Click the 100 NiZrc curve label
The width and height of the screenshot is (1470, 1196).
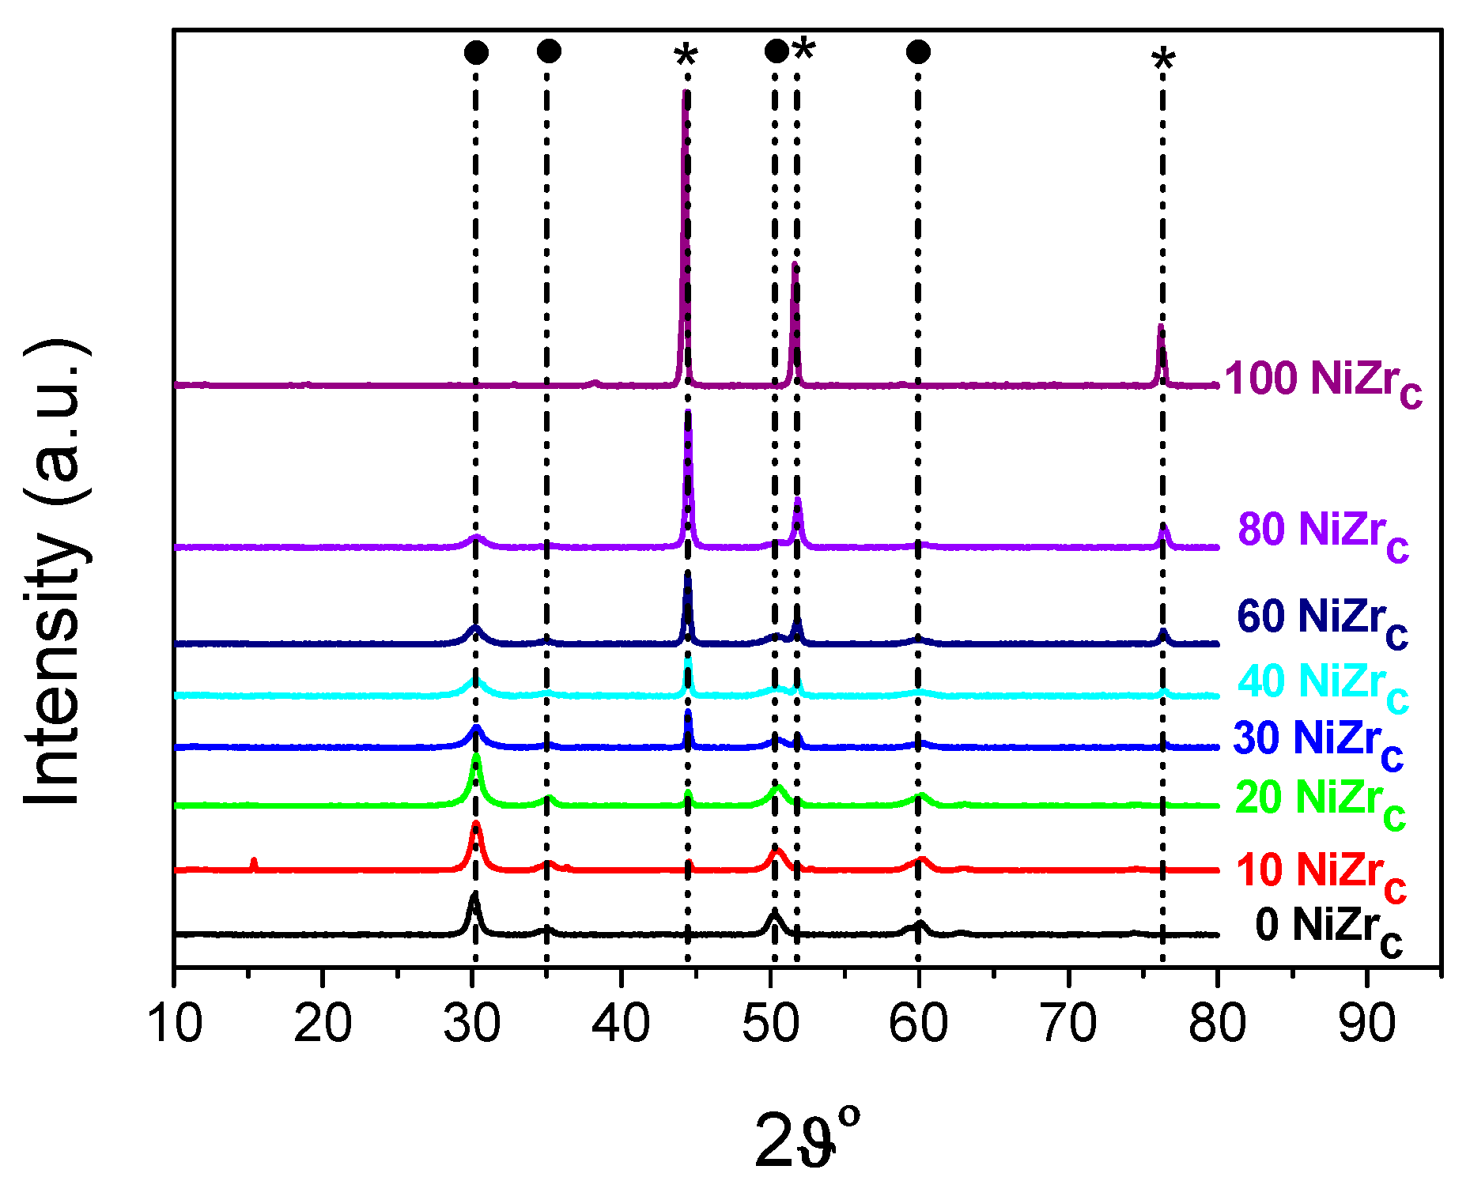(x=1323, y=381)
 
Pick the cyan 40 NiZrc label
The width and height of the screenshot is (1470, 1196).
(x=1323, y=684)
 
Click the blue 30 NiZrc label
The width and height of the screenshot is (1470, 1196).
(x=1318, y=741)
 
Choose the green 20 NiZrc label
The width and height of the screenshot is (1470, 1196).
(x=1320, y=800)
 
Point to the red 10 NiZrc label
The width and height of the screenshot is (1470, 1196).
(x=1321, y=873)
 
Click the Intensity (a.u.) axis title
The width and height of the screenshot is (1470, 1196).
(x=55, y=573)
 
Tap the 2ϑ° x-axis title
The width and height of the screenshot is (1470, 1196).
(x=807, y=1138)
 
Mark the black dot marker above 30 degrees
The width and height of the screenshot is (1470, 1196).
(x=476, y=52)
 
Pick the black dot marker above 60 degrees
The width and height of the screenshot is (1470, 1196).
(x=918, y=52)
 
